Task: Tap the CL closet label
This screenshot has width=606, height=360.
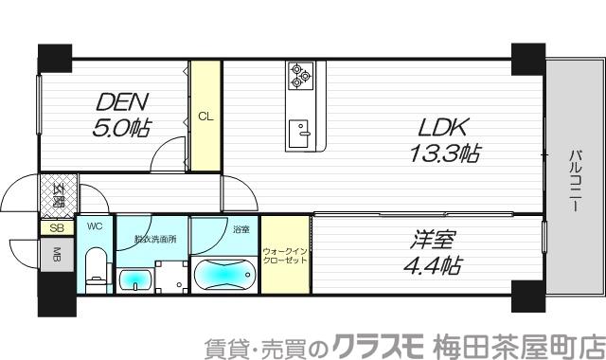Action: click(x=204, y=117)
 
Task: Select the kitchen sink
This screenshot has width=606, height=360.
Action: click(x=302, y=132)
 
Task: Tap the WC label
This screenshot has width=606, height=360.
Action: click(x=95, y=226)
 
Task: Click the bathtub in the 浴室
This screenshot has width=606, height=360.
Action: click(x=223, y=274)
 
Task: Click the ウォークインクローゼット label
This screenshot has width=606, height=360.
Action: click(x=285, y=255)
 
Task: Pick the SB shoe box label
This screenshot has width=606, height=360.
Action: click(x=55, y=228)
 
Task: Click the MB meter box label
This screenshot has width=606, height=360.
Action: click(x=56, y=254)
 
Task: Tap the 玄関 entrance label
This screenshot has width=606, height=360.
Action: click(x=57, y=196)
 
